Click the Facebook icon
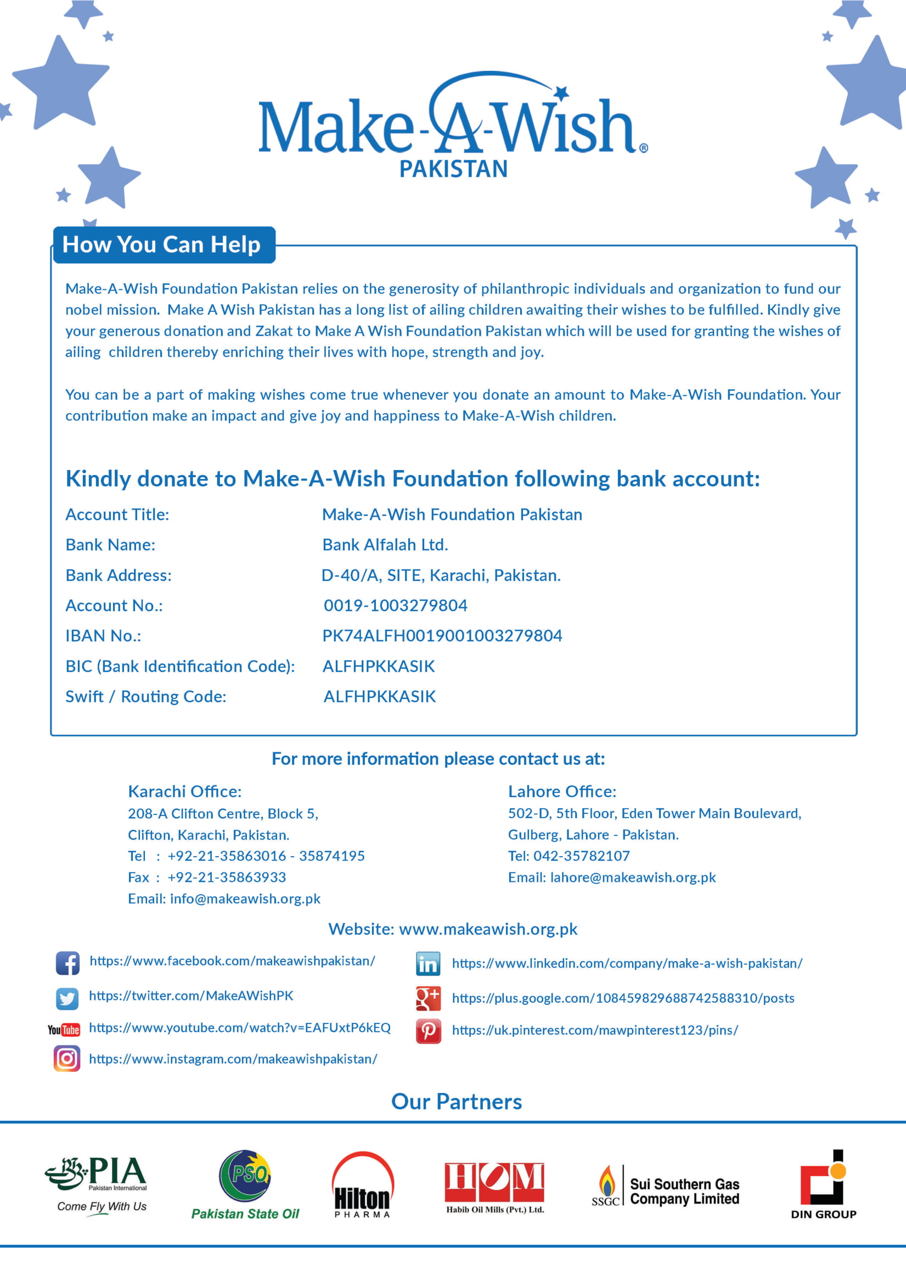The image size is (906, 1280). pos(67,963)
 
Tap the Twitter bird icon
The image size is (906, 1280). pos(67,998)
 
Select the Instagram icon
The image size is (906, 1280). pos(67,1058)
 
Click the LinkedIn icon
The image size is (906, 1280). pos(428,964)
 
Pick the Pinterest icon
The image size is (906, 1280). pos(428,1031)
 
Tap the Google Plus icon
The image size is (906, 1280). pos(428,998)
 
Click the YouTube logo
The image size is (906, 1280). pos(64,1030)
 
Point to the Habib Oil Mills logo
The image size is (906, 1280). pos(494,1186)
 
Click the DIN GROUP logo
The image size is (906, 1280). pos(823,1183)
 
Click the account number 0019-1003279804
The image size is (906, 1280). pos(396,605)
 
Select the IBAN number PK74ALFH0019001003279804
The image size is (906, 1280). pos(442,635)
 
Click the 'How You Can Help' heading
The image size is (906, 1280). pos(162,244)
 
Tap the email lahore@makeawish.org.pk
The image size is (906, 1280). pos(633,877)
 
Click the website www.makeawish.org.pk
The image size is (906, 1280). pos(488,929)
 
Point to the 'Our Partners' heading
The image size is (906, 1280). pos(457,1102)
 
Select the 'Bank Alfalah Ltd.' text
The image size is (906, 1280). pos(385,544)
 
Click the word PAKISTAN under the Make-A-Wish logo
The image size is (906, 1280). pos(453,169)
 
